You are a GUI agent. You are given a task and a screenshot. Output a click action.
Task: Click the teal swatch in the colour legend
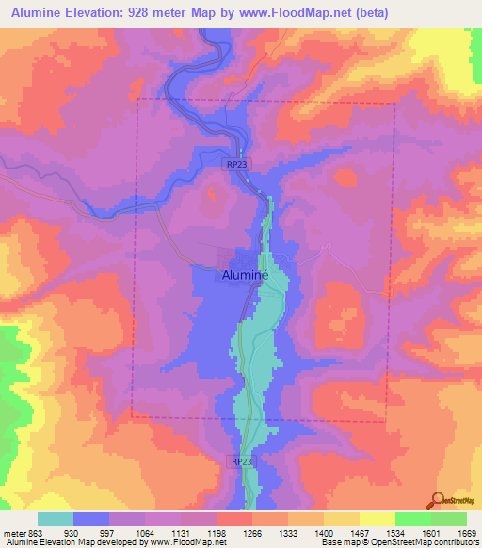tap(56, 519)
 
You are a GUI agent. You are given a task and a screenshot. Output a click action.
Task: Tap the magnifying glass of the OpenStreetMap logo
tap(436, 499)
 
